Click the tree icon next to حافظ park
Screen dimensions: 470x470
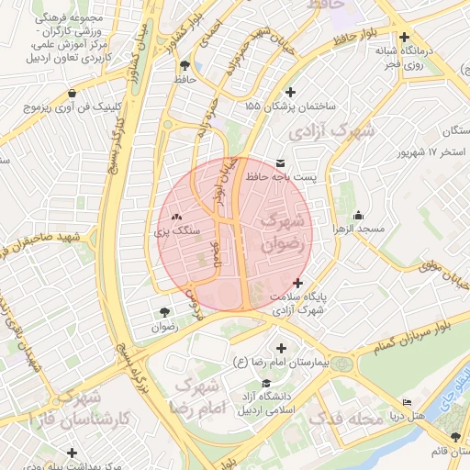click(186, 65)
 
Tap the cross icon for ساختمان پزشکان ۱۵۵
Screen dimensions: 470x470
click(292, 92)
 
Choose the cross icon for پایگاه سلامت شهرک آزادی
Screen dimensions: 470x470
click(297, 283)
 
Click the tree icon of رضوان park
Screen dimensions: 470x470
click(164, 312)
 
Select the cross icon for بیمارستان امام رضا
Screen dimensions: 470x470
click(281, 349)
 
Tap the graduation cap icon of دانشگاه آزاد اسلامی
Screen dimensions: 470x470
click(266, 384)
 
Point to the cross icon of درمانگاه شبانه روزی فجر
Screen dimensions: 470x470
click(404, 38)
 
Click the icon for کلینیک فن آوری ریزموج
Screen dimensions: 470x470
click(73, 93)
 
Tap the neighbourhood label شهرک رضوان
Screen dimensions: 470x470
click(280, 233)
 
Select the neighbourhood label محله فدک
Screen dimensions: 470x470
click(344, 420)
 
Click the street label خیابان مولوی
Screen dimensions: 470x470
click(433, 269)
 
